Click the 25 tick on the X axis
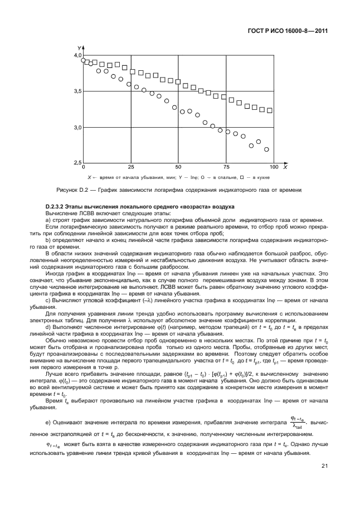pyautogui.click(x=131, y=167)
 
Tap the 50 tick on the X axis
pyautogui.click(x=178, y=167)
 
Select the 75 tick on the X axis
pyautogui.click(x=226, y=167)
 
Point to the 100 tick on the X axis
pyautogui.click(x=273, y=167)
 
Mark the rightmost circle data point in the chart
pyautogui.click(x=266, y=149)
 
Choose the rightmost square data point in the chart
pyautogui.click(x=270, y=110)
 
